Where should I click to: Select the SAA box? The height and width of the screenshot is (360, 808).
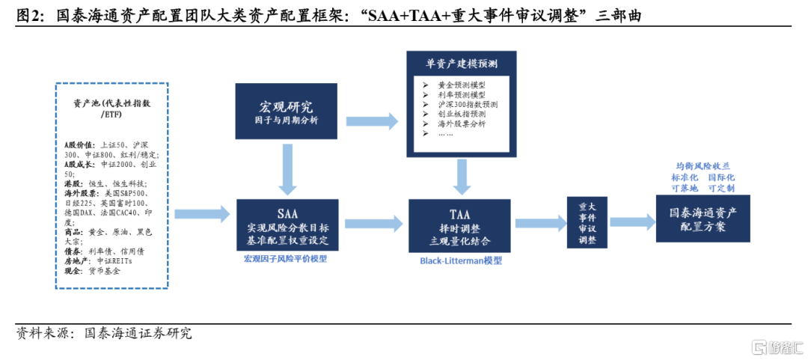pos(287,225)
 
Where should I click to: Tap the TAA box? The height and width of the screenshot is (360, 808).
pos(459,225)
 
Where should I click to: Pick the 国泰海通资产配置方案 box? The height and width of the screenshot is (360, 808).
pos(703,218)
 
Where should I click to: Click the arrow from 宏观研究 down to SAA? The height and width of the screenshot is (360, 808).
pos(287,168)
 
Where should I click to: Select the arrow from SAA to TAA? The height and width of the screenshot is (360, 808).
pos(373,223)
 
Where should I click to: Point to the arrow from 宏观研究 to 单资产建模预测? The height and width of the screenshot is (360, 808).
pos(373,121)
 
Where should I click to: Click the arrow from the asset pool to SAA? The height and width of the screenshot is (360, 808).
pos(202,213)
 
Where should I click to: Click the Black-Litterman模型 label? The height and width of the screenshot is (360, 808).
pos(461,261)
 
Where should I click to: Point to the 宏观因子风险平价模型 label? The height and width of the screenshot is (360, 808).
pos(286,260)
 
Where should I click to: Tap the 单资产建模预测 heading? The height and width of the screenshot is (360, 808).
pos(461,63)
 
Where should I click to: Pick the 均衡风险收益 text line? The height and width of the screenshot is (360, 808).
pos(703,166)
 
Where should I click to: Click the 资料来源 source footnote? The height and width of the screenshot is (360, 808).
pos(103,333)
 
